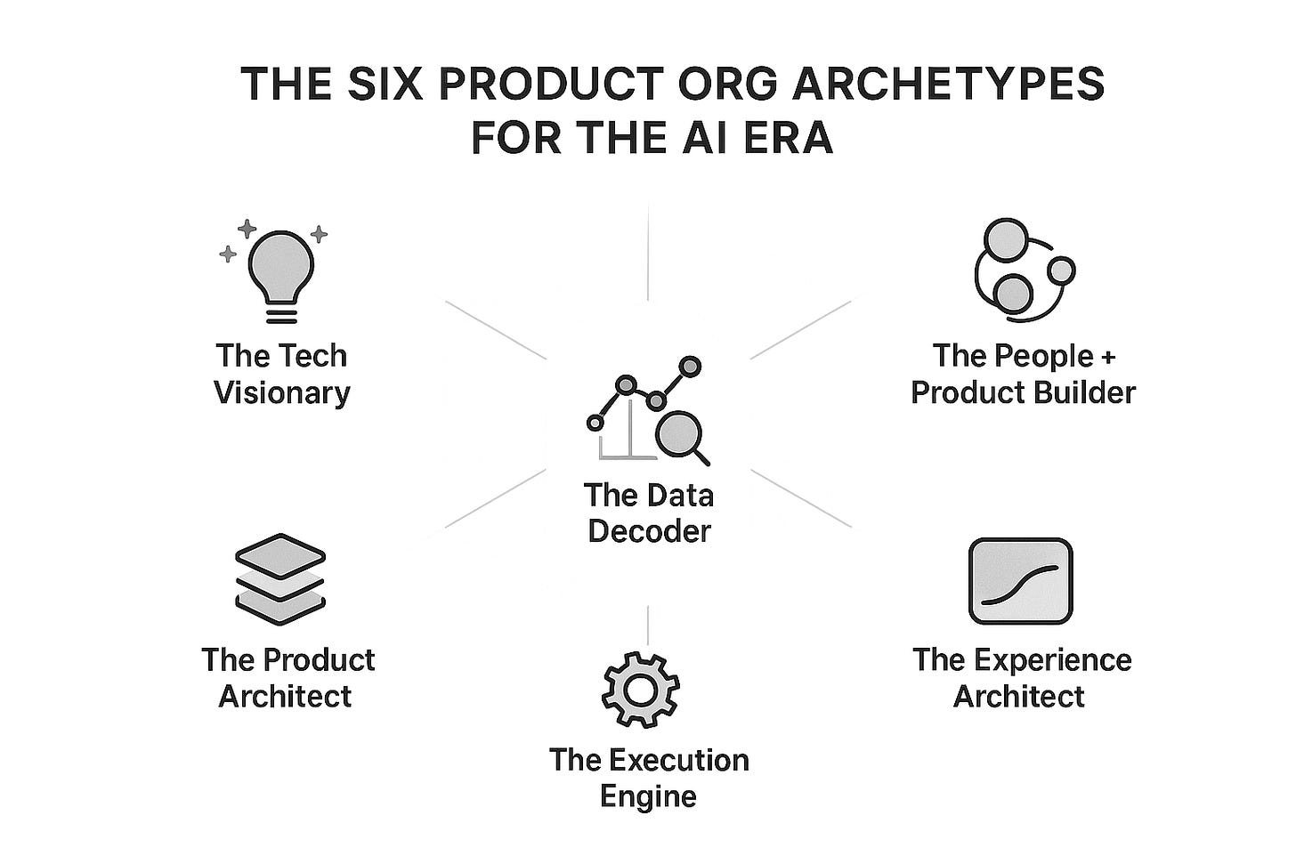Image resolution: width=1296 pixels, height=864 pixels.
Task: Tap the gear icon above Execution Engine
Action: coord(641,689)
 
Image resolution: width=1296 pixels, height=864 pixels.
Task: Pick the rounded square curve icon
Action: coord(1020,581)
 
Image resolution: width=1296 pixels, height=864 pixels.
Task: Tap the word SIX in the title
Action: coord(377,85)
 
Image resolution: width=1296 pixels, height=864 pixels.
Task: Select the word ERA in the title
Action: coord(788,138)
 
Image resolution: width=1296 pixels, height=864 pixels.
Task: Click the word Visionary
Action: coord(282,392)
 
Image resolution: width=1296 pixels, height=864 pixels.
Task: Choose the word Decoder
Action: coord(649,531)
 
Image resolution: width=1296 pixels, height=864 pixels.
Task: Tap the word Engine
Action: coord(648,795)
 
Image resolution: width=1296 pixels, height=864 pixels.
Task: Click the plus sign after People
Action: coord(1106,357)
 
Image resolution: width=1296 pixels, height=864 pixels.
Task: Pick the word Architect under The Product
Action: coord(285,696)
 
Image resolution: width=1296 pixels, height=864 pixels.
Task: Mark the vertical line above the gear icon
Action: coord(648,625)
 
